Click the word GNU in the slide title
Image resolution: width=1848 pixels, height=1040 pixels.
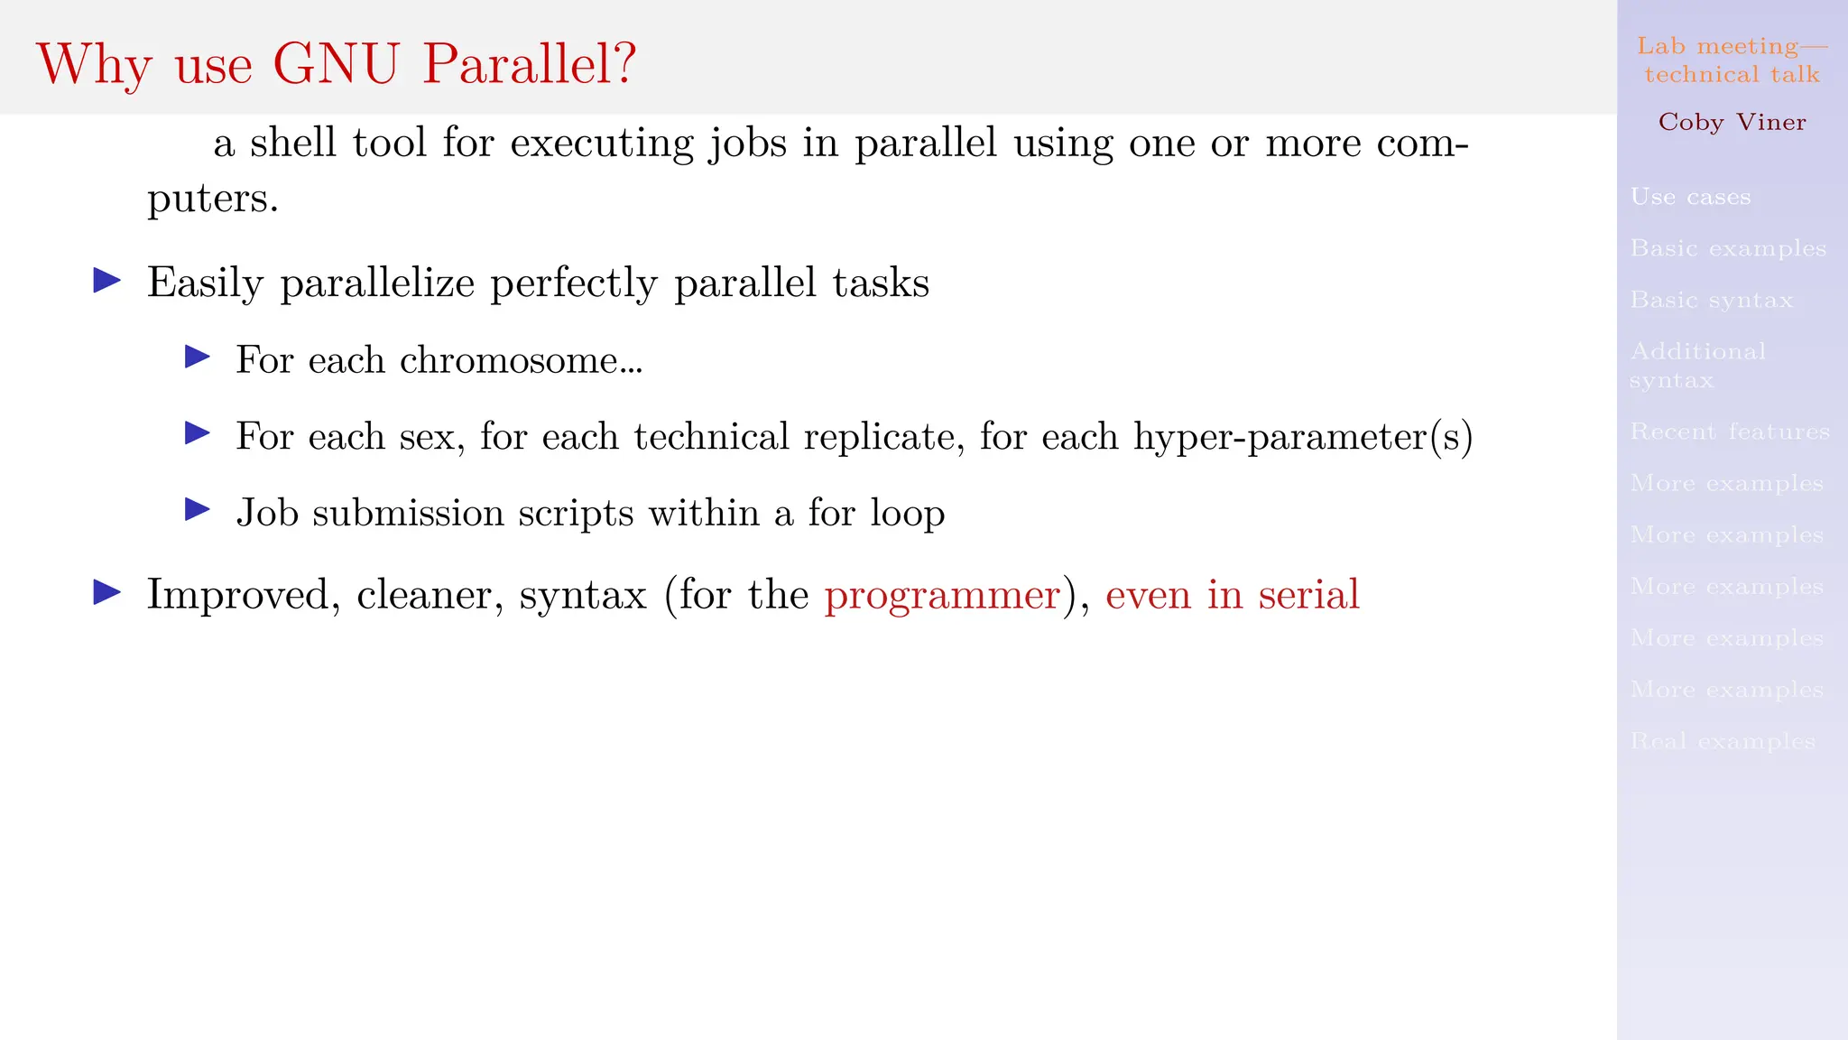[336, 65]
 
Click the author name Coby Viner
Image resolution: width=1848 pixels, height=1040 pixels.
[1732, 122]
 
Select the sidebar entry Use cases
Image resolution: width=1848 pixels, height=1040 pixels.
[1690, 197]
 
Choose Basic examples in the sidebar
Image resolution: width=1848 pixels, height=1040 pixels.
[1728, 248]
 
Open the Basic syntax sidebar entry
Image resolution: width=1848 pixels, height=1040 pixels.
[1711, 300]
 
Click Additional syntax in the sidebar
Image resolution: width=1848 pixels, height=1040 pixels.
[1697, 365]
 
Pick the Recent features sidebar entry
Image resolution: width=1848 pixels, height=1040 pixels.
[1730, 432]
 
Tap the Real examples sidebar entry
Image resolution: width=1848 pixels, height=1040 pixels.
[1723, 741]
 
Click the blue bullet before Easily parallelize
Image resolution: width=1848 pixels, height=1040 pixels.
[107, 281]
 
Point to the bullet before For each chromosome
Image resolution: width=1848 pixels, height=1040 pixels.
[198, 357]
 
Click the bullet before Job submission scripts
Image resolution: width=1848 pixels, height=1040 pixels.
[198, 511]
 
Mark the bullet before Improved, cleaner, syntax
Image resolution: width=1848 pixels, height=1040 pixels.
[107, 593]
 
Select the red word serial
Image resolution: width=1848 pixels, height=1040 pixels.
[1308, 594]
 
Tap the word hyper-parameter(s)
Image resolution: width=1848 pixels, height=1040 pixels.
[1303, 438]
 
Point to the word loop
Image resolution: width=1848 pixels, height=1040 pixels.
[908, 514]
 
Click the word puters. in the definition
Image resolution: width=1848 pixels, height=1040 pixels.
[213, 199]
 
